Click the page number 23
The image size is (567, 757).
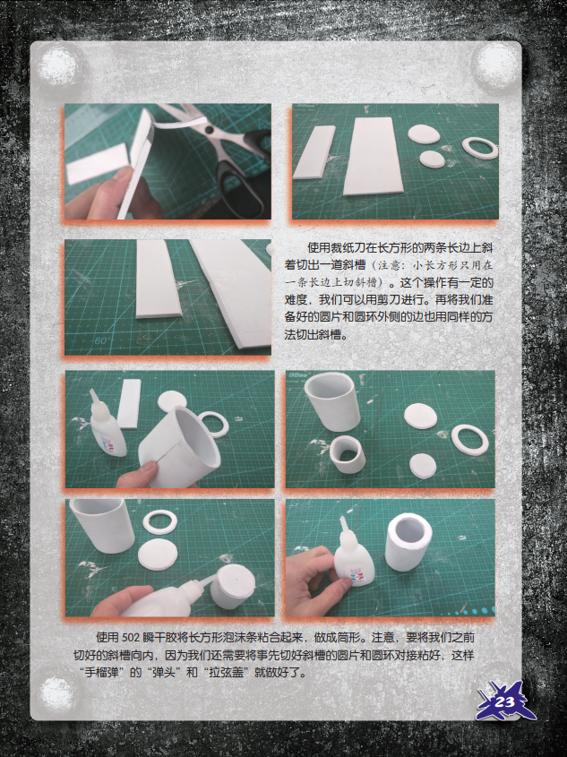click(505, 701)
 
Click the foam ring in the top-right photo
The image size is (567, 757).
click(480, 148)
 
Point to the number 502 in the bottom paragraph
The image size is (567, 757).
click(130, 638)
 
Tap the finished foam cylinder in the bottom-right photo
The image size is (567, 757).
click(408, 541)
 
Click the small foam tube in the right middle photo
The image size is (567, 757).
click(347, 454)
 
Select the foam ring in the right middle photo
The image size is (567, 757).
click(470, 439)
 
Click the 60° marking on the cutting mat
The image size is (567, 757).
click(102, 340)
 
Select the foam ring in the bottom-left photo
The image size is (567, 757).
click(159, 522)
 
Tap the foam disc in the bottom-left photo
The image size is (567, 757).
click(158, 555)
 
